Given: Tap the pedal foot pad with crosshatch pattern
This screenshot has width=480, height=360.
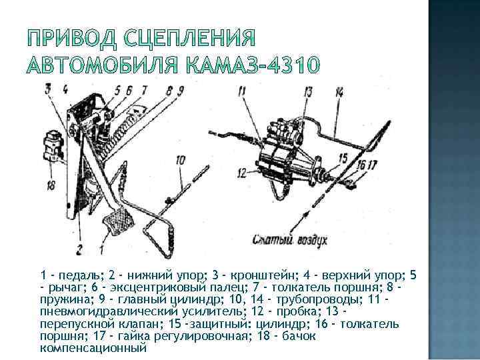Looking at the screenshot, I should (117, 219).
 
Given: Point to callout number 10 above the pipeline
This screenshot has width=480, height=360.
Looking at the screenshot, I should (181, 159).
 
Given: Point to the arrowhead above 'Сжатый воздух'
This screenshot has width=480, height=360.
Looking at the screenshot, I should (307, 211).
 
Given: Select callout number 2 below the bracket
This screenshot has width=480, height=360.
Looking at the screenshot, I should (79, 251).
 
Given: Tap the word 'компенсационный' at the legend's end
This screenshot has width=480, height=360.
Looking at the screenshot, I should (93, 347).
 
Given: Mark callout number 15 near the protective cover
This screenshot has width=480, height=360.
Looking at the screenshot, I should (343, 158).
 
